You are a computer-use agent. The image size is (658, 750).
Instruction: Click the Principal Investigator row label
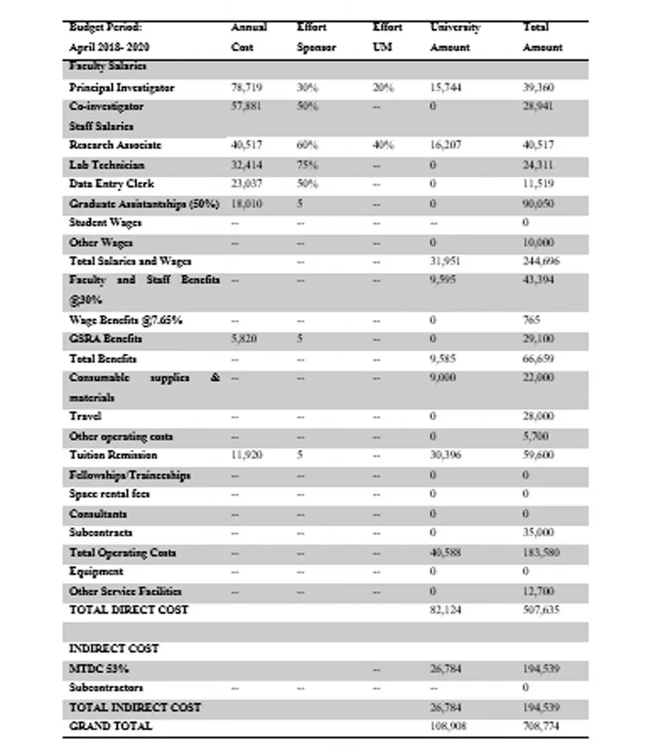[x=122, y=87]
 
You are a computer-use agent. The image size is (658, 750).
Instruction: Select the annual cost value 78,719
[x=246, y=87]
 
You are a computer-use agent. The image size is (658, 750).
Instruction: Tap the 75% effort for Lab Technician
[x=306, y=165]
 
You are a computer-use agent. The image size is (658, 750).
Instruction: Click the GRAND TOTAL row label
[x=111, y=727]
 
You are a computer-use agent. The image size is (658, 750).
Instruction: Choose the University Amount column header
[x=455, y=37]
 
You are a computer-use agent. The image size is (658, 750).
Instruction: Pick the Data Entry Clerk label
[x=111, y=184]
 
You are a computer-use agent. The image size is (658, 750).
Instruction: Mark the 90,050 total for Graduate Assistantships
[x=538, y=204]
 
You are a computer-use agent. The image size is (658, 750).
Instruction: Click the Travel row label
[x=85, y=416]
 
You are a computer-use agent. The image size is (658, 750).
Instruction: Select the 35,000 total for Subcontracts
[x=538, y=532]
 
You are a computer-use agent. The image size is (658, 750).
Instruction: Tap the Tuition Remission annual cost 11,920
[x=246, y=455]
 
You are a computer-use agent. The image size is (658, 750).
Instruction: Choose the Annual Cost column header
[x=248, y=37]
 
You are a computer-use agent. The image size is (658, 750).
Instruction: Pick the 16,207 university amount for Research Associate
[x=446, y=145]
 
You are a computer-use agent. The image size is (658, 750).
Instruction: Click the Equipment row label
[x=96, y=571]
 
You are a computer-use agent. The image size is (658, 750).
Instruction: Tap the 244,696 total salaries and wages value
[x=538, y=261]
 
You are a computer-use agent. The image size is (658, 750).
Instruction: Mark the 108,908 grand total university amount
[x=448, y=727]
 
